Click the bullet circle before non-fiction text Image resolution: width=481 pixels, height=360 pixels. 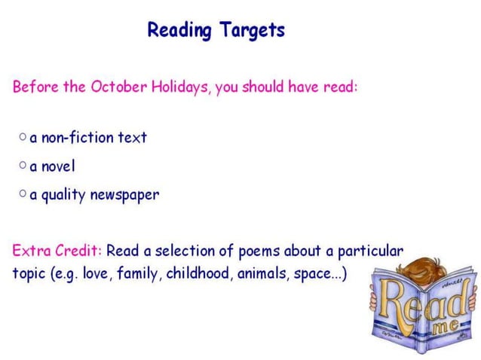pos(23,137)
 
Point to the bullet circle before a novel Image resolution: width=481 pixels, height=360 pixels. pos(23,164)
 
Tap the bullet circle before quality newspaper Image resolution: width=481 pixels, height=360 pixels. pos(23,194)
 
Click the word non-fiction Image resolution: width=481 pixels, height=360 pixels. pos(77,138)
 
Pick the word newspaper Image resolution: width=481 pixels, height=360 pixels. pos(124,195)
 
